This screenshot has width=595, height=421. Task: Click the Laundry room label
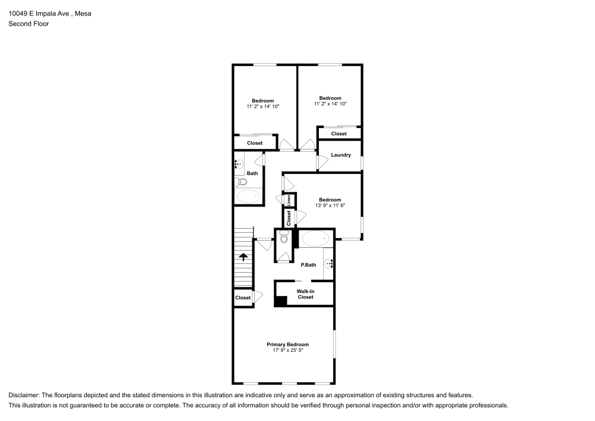pos(341,155)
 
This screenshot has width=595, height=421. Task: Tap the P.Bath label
pos(308,265)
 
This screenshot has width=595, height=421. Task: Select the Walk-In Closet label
pos(305,294)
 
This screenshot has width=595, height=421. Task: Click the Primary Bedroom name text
pos(287,344)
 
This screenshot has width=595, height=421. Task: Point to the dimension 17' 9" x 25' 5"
pos(287,351)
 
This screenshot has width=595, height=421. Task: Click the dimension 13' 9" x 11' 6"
pos(330,205)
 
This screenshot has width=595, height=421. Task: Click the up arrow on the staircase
pos(243,257)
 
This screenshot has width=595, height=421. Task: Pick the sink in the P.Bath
pos(329,262)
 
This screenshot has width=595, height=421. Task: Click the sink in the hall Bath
pos(239,163)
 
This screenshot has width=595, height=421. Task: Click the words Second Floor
pos(29,24)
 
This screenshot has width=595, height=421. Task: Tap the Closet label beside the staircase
pos(243,298)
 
